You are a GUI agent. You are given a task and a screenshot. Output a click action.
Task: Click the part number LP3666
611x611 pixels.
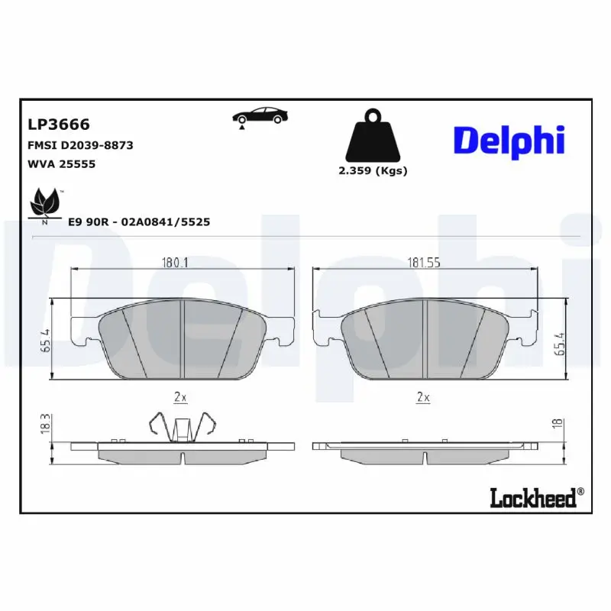pyautogui.click(x=59, y=124)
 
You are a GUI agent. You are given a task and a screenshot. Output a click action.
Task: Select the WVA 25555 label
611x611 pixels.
pyautogui.click(x=62, y=163)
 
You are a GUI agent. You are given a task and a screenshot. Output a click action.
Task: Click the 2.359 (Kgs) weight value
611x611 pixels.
pyautogui.click(x=373, y=170)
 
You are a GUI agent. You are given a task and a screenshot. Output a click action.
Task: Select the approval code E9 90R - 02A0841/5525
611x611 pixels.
pyautogui.click(x=139, y=221)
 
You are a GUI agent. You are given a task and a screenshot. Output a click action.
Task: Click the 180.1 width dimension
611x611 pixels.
pyautogui.click(x=175, y=263)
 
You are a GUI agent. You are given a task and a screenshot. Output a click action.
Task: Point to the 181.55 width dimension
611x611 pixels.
pyautogui.click(x=425, y=263)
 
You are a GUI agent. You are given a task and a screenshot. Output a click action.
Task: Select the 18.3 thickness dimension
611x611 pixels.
pyautogui.click(x=45, y=422)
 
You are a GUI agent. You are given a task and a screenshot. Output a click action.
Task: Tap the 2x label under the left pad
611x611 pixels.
pyautogui.click(x=181, y=396)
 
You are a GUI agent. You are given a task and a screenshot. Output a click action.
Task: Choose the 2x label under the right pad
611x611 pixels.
pyautogui.click(x=423, y=396)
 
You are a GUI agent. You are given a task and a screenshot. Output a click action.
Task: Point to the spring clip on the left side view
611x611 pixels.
pyautogui.click(x=181, y=428)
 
